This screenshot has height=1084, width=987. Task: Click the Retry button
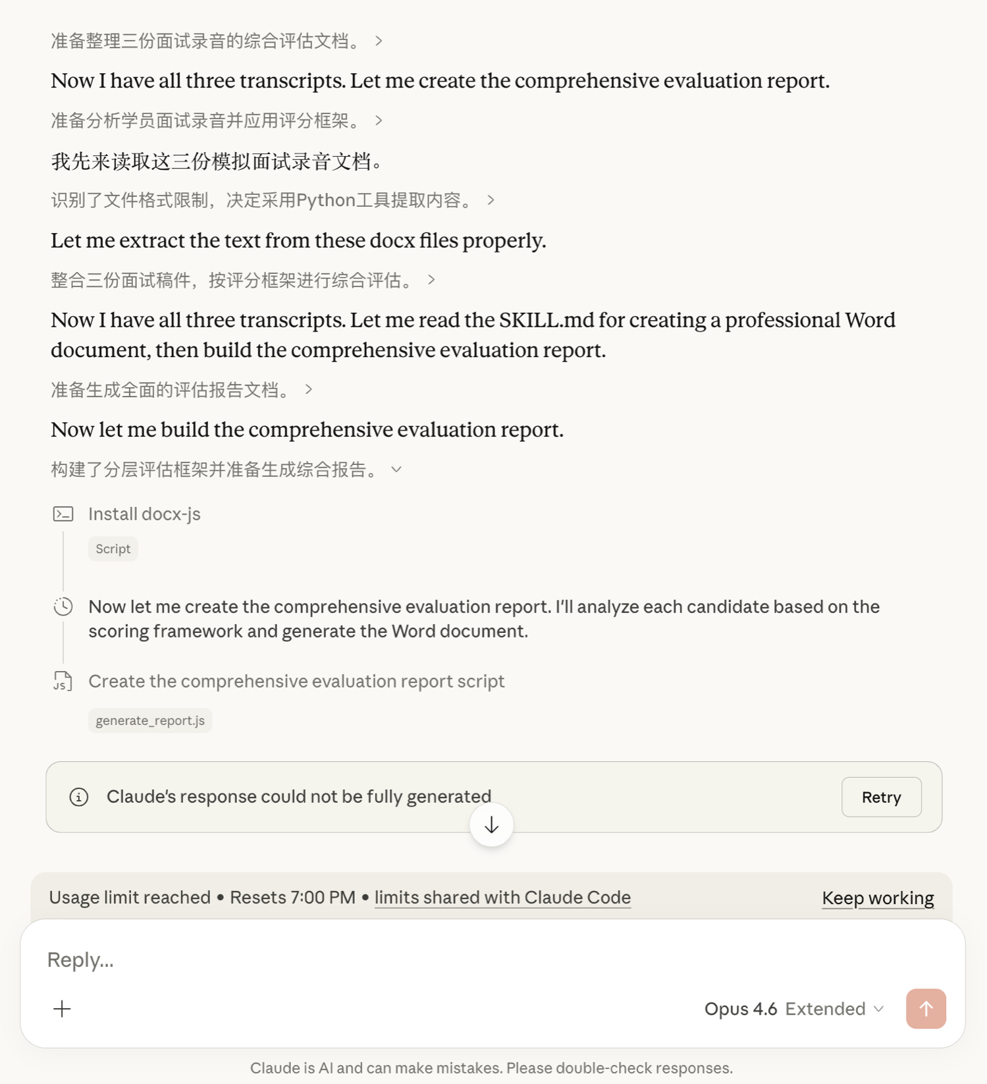click(881, 797)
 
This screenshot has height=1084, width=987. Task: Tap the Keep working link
click(878, 898)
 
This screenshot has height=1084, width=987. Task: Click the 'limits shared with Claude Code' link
click(502, 897)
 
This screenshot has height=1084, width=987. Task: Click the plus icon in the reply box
click(62, 1009)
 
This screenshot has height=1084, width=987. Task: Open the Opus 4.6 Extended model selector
click(793, 1009)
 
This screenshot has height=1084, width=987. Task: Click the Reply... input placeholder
click(80, 960)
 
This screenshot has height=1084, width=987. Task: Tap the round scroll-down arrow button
click(491, 825)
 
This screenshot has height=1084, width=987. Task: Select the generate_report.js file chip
click(150, 720)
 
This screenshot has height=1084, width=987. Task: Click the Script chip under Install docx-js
click(113, 549)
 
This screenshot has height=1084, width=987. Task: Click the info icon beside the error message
click(79, 797)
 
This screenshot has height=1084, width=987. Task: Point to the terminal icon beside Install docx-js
click(63, 514)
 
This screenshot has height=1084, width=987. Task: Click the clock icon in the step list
click(63, 607)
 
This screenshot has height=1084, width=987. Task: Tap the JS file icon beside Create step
click(63, 681)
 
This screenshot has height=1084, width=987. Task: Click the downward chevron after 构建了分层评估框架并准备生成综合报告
click(396, 470)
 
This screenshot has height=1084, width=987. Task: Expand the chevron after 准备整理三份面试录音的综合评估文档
click(379, 41)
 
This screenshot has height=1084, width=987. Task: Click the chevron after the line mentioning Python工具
click(491, 200)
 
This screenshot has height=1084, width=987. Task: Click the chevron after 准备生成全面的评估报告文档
click(308, 390)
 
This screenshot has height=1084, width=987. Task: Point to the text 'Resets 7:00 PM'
click(292, 897)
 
